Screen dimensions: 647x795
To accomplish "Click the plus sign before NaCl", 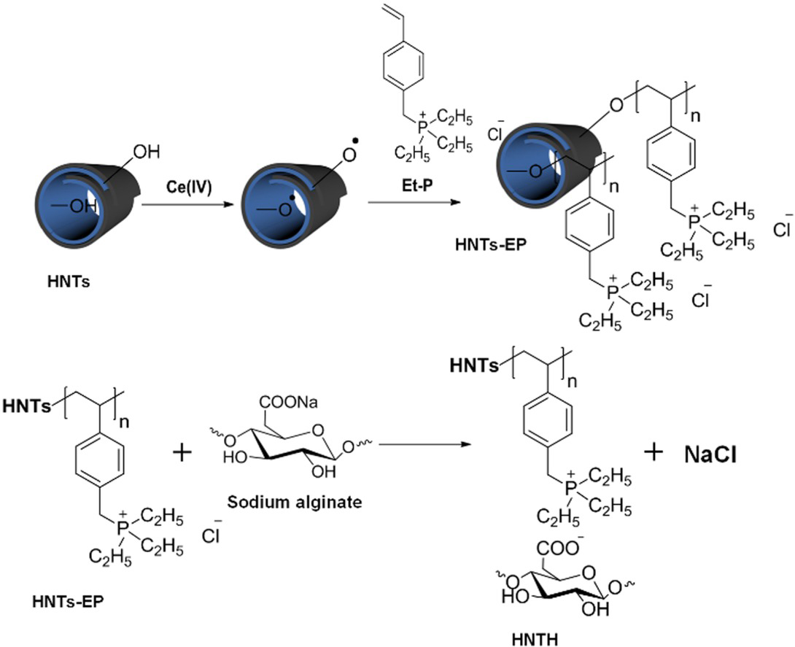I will [x=654, y=452].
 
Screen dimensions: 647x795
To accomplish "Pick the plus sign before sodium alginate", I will [x=180, y=453].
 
